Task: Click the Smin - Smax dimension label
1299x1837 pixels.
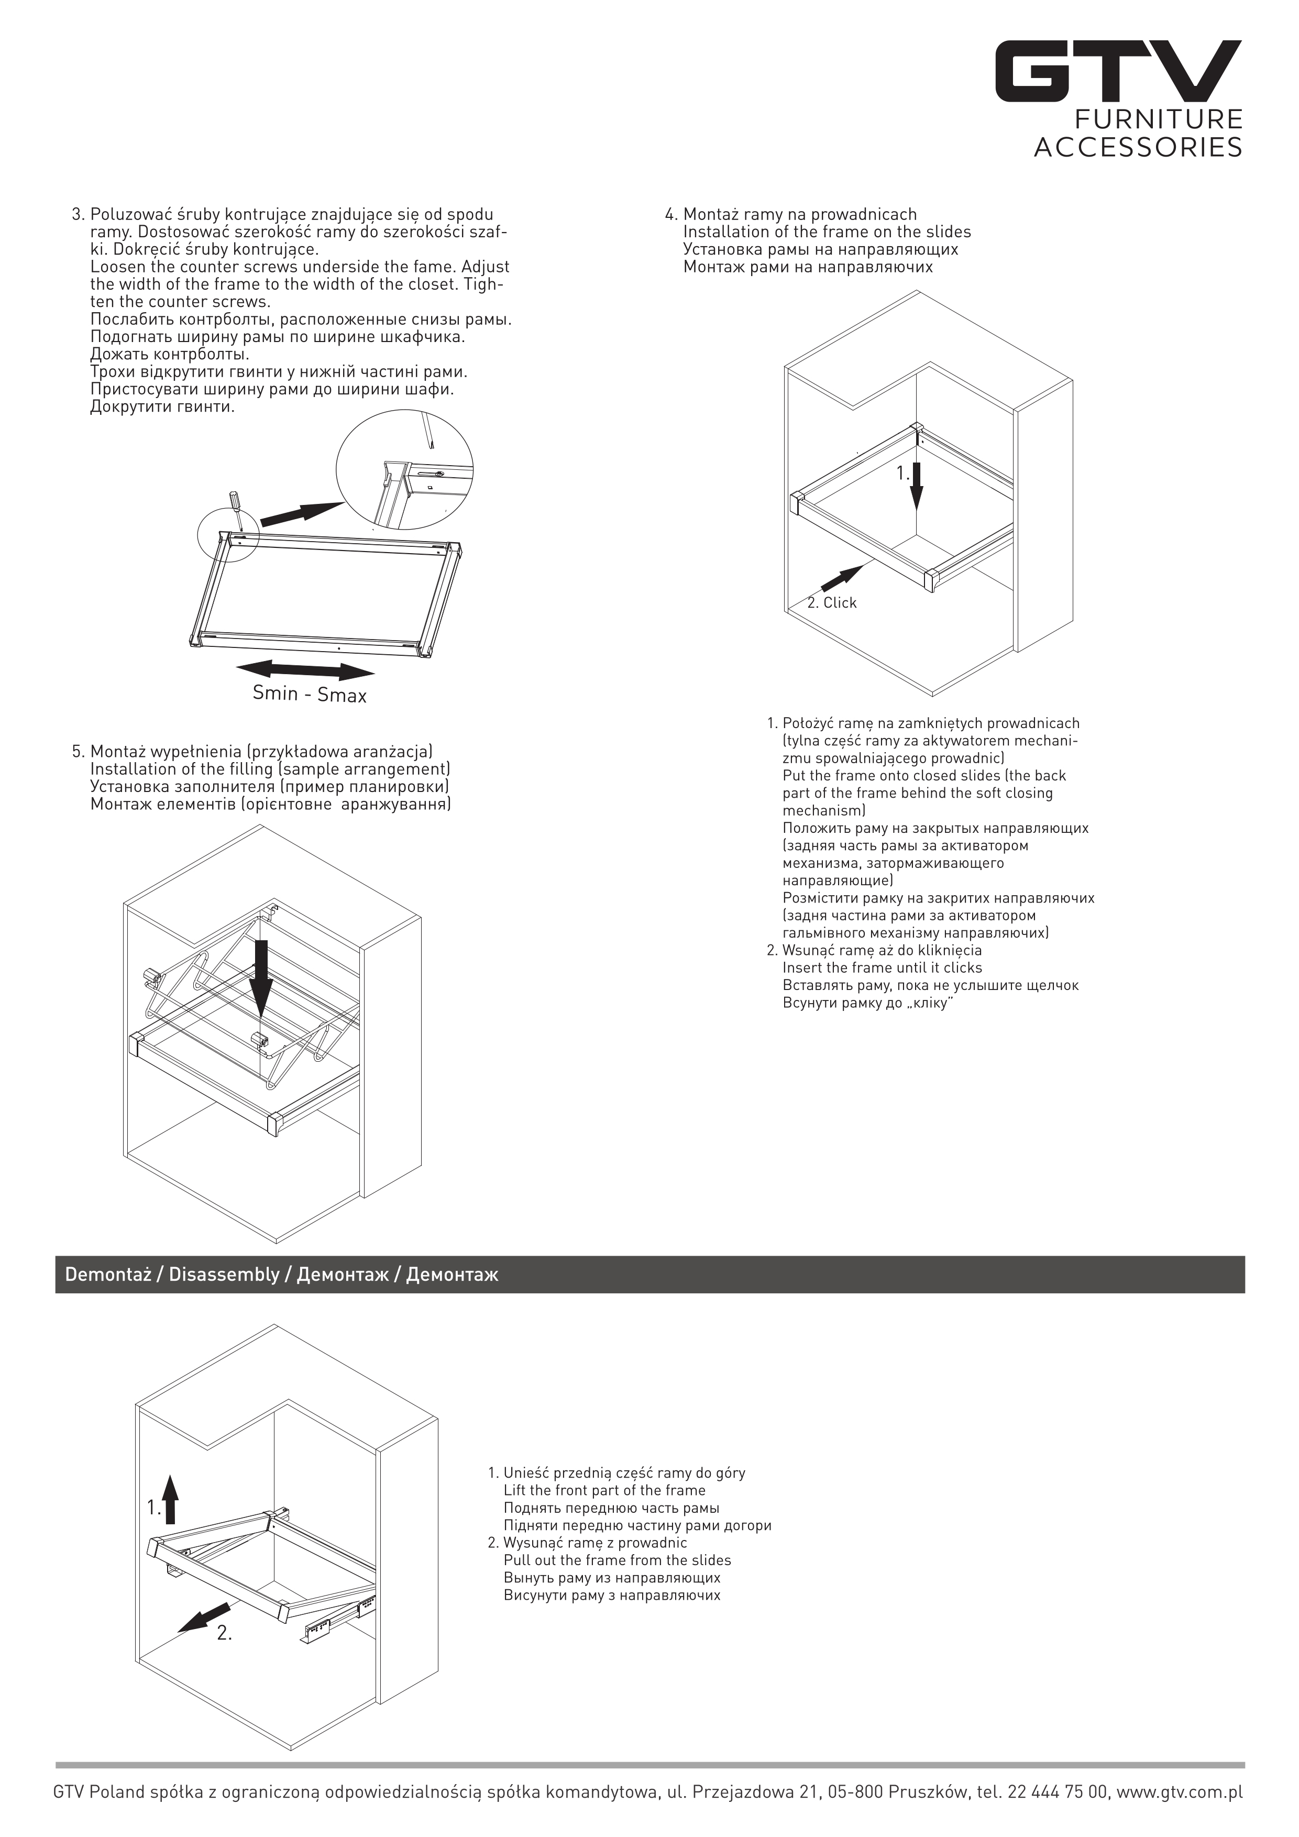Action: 310,693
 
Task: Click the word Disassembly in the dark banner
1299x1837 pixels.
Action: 223,1274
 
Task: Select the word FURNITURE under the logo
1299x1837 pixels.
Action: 1158,120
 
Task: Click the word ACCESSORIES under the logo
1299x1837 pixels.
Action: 1138,147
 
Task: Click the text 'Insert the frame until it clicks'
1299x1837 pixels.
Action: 882,967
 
